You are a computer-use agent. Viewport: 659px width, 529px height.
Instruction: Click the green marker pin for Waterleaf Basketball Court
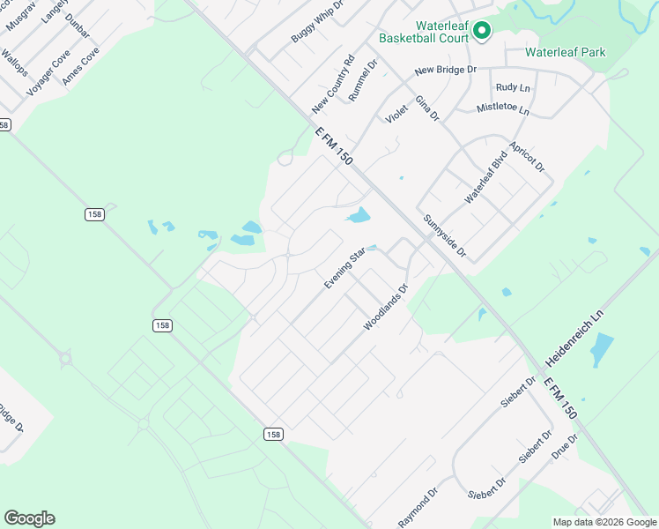481,32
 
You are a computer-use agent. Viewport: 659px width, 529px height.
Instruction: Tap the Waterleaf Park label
565,53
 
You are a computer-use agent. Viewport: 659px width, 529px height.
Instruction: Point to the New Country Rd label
332,85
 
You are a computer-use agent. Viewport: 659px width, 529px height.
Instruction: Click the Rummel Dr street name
362,80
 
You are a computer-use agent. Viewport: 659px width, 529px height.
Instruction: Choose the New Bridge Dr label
445,70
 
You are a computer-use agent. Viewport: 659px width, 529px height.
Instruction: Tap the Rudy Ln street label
513,87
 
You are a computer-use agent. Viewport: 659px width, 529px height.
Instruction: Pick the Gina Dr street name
426,108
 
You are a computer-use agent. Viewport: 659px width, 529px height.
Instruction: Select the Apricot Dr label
528,155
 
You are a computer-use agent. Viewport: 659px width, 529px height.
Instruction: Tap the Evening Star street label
344,270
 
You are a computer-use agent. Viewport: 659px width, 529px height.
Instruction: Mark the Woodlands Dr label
387,307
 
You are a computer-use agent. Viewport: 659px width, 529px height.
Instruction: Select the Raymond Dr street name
417,508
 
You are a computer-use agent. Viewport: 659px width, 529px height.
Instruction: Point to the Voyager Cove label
48,72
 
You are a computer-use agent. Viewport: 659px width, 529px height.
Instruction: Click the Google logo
29,518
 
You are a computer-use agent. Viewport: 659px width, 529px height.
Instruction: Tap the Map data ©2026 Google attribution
603,522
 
